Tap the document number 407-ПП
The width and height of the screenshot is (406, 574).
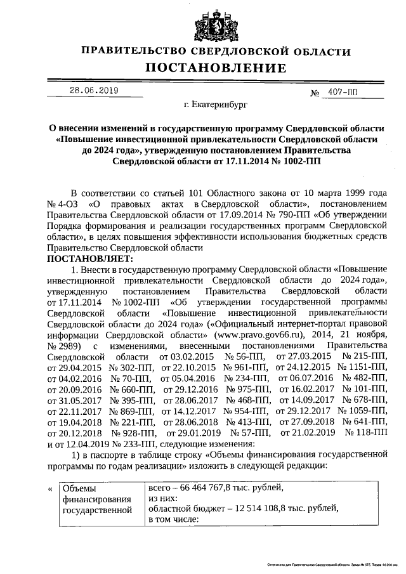tap(343, 92)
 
